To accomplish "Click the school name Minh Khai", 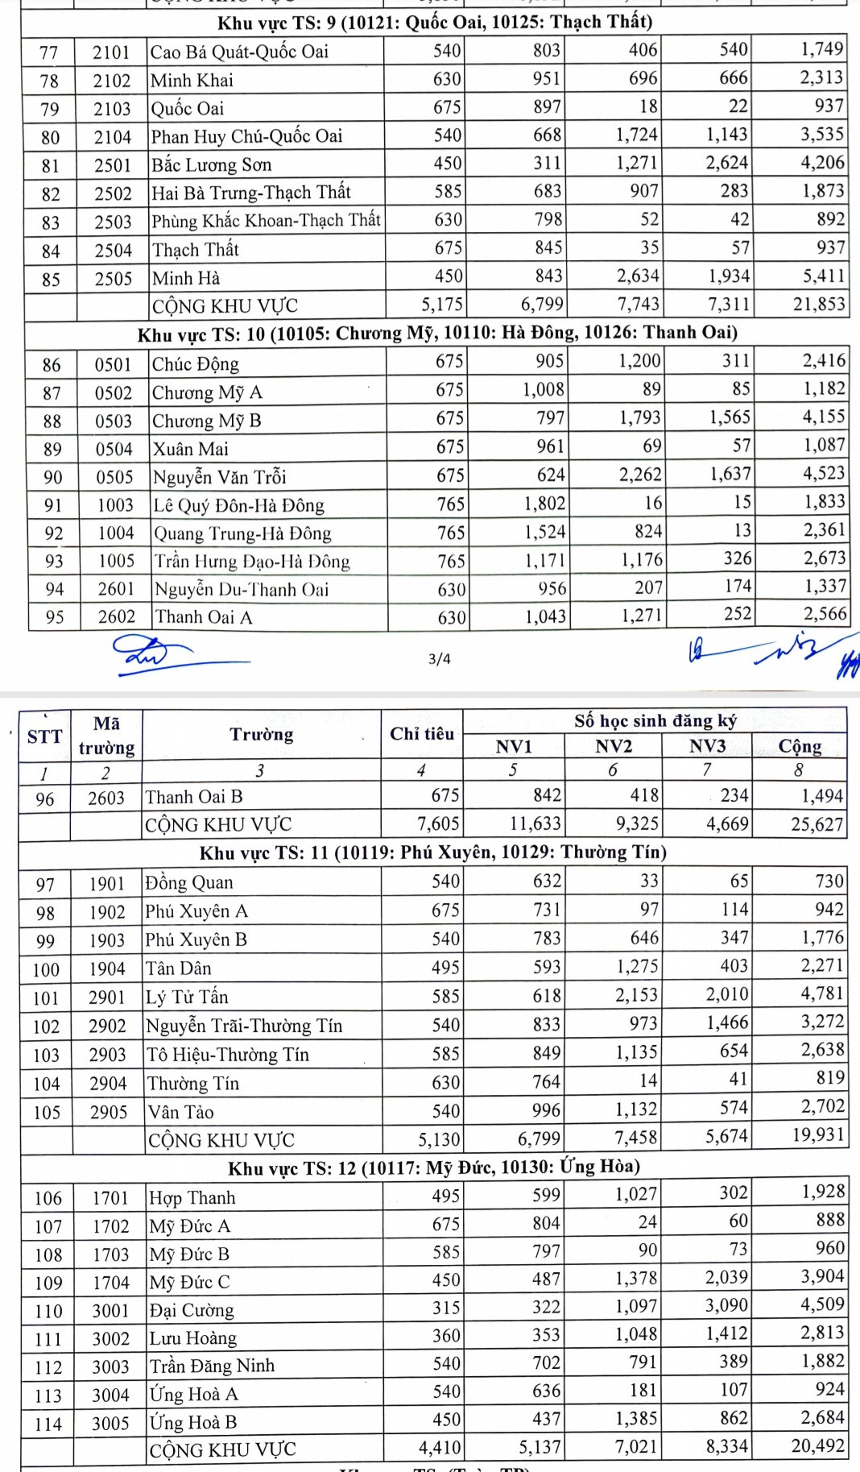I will pyautogui.click(x=192, y=81).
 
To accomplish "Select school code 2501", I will pyautogui.click(x=112, y=165).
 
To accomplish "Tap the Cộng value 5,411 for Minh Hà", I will pyautogui.click(x=823, y=276).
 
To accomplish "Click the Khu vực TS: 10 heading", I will pyautogui.click(x=437, y=334).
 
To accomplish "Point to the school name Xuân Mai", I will pyautogui.click(x=191, y=449).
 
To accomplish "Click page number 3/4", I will pyautogui.click(x=440, y=659).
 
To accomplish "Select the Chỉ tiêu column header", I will pyautogui.click(x=421, y=733).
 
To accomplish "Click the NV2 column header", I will pyautogui.click(x=613, y=746).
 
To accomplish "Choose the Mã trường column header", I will pyautogui.click(x=106, y=736).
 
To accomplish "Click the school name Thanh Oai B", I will pyautogui.click(x=194, y=797).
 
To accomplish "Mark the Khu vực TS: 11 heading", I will pyautogui.click(x=432, y=852).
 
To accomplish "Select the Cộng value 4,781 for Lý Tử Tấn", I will pyautogui.click(x=821, y=993).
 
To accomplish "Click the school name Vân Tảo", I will pyautogui.click(x=180, y=1112).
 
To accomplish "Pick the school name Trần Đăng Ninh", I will pyautogui.click(x=212, y=1366).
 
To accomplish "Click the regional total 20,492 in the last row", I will pyautogui.click(x=817, y=1446).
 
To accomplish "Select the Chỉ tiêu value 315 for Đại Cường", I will pyautogui.click(x=446, y=1308).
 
